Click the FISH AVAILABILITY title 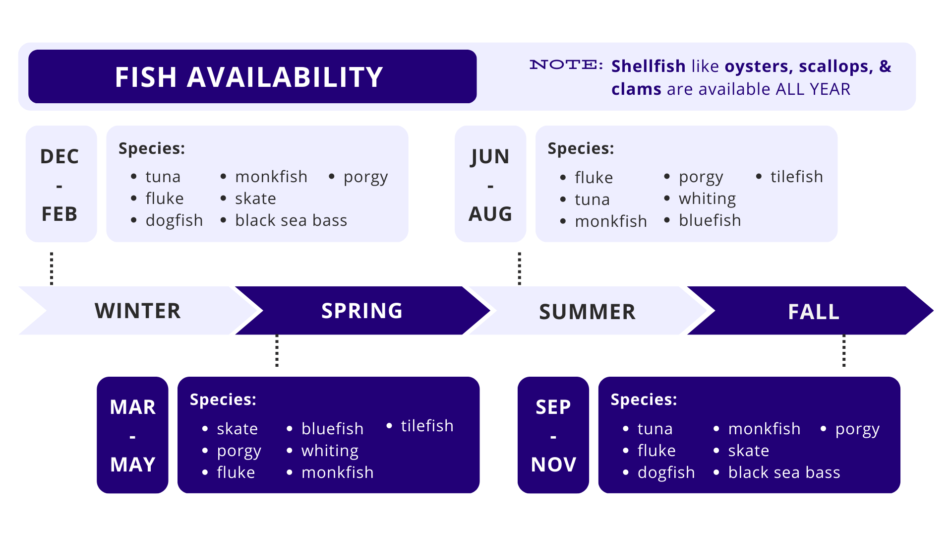coord(249,77)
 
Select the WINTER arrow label coord(138,311)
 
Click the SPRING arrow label coord(362,311)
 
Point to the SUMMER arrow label coord(587,312)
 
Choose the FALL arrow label coord(814,312)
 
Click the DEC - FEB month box coord(61,184)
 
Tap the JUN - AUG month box coord(490,184)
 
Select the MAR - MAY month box coord(132,435)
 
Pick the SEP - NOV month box coord(553,435)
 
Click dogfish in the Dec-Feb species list coord(174,221)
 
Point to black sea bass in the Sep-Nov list coord(784,472)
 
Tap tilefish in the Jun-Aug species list coord(796,177)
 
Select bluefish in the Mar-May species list coord(332,429)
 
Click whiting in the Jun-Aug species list coord(707,199)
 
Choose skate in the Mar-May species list coord(237,429)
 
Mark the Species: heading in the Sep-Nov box coord(644,400)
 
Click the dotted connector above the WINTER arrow coord(52,268)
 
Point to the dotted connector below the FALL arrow coord(844,351)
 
